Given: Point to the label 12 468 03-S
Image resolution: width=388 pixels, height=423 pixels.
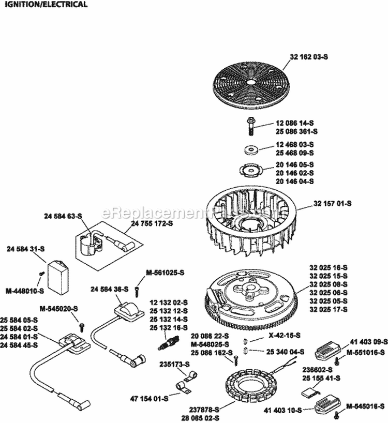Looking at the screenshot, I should [295, 145].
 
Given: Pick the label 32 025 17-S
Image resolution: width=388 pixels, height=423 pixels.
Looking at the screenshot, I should [329, 310].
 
